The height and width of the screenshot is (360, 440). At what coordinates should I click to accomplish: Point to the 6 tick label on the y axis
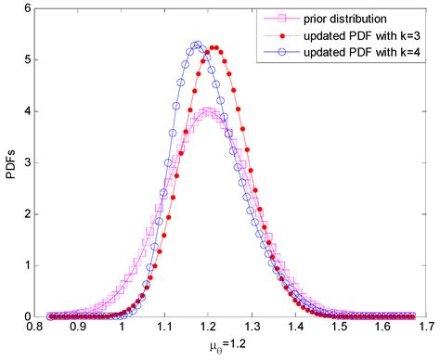27,7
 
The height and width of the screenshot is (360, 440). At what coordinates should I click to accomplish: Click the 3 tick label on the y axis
27,161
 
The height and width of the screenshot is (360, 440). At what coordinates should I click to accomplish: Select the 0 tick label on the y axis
27,316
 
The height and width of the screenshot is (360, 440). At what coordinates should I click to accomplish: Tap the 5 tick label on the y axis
27,58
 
